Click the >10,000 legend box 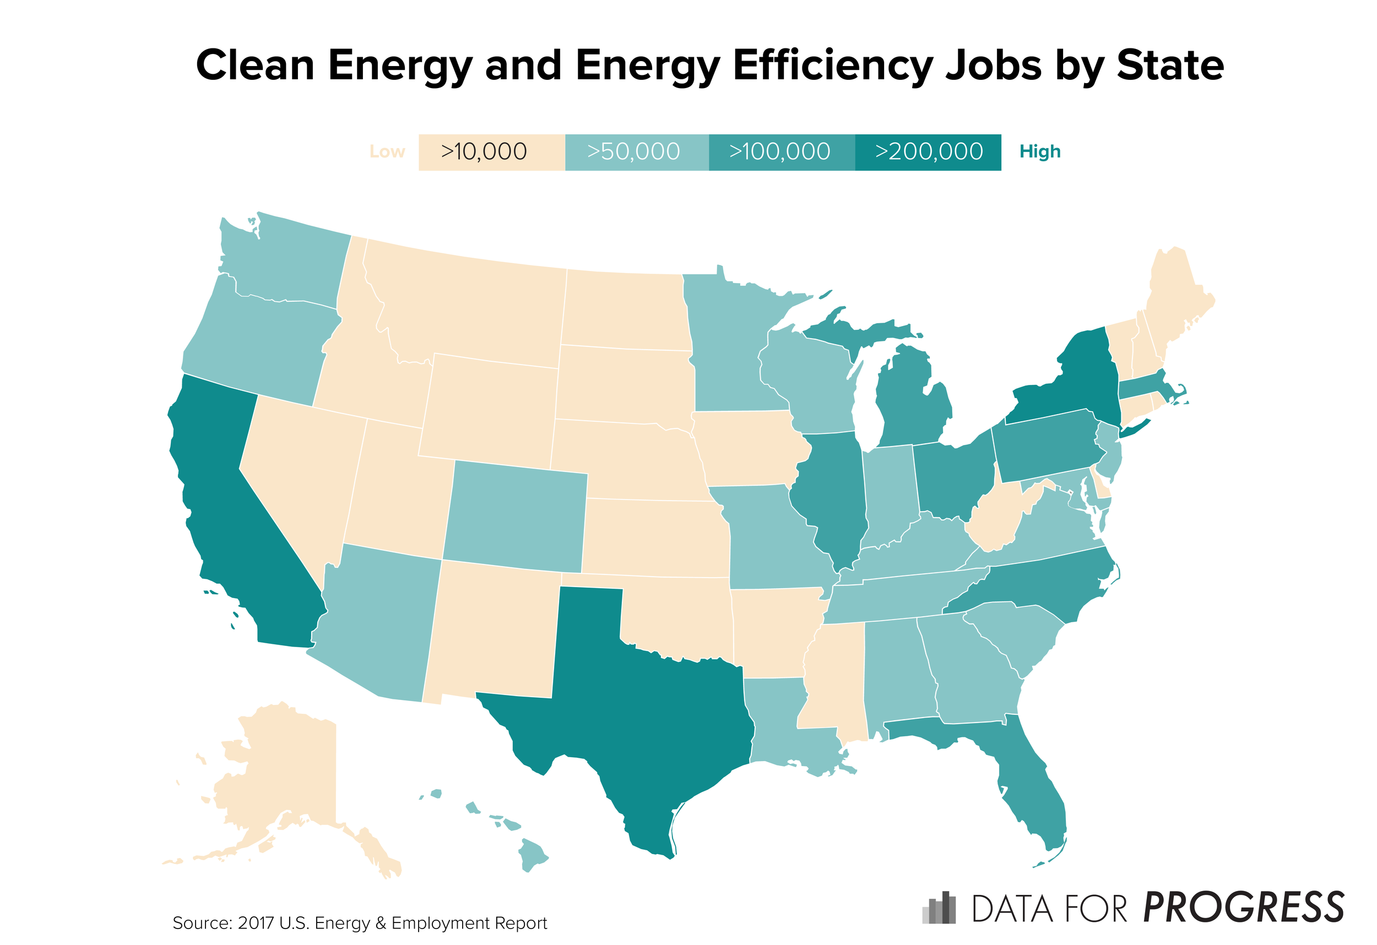click(491, 152)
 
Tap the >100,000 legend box click(781, 152)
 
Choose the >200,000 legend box click(928, 152)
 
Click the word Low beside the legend click(387, 152)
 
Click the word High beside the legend click(1039, 152)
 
